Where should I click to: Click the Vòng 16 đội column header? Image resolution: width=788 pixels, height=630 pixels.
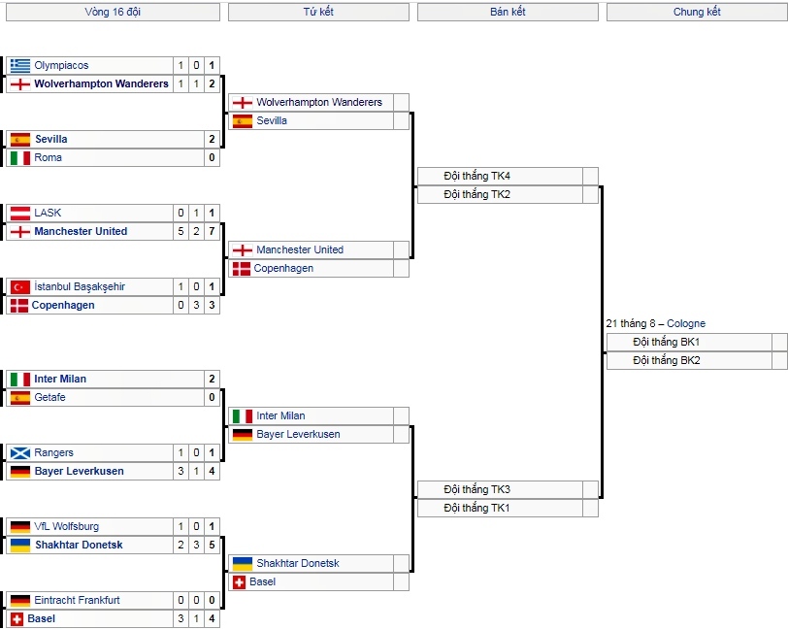[x=112, y=12]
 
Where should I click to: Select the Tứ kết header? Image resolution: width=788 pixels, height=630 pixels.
[x=318, y=12]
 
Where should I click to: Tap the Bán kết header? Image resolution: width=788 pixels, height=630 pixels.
[x=508, y=12]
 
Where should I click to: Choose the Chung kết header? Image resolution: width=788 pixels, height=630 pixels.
[x=697, y=12]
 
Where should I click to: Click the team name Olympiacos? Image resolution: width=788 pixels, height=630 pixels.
[x=61, y=65]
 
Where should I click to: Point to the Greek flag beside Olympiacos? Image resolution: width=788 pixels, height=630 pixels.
[x=20, y=65]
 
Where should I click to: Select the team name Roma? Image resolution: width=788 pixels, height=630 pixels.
[x=49, y=157]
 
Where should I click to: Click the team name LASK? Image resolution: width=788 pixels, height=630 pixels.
[x=48, y=213]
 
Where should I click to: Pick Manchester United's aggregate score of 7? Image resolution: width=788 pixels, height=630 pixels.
[x=212, y=231]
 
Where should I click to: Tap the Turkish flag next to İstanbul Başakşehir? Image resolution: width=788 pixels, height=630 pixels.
[x=20, y=286]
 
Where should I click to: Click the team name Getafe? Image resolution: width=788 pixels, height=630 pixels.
[x=50, y=397]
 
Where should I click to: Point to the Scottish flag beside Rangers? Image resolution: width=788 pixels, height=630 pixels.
[x=20, y=452]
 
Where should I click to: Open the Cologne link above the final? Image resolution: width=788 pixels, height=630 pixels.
[x=686, y=323]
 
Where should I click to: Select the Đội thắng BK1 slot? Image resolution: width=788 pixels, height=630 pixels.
[x=667, y=342]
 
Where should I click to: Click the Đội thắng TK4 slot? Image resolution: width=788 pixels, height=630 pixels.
[x=477, y=176]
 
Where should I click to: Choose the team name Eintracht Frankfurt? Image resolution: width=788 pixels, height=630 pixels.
[x=77, y=600]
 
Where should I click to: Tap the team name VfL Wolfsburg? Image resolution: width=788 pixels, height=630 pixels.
[x=66, y=526]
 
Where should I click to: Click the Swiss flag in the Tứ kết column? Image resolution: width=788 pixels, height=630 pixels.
[x=239, y=581]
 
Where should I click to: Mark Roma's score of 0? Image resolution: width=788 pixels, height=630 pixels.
[x=212, y=157]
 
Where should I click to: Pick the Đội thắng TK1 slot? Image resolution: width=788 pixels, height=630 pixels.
[x=477, y=508]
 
